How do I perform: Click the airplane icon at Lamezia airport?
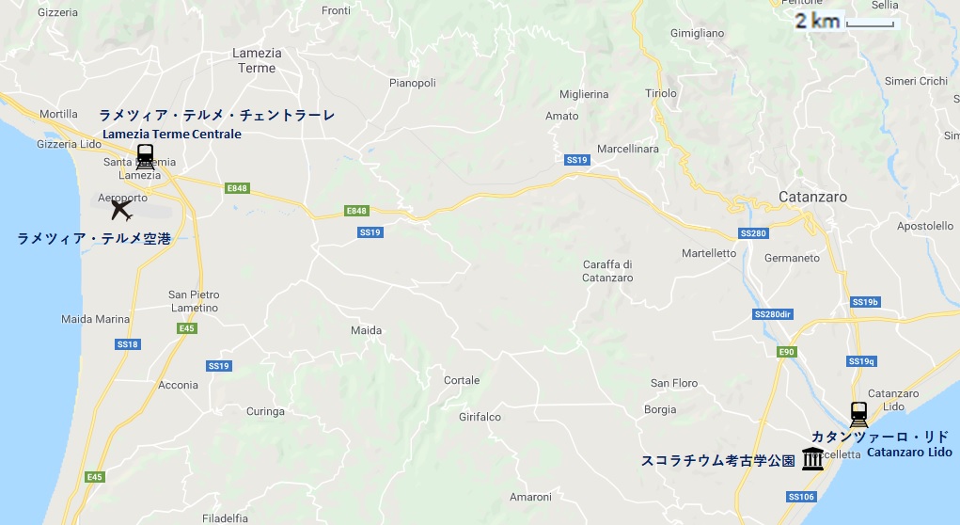click(x=121, y=209)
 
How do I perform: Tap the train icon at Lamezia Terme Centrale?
click(x=145, y=156)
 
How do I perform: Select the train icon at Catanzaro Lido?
click(x=858, y=414)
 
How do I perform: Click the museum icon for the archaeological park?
click(x=813, y=459)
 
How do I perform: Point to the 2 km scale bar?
click(x=869, y=24)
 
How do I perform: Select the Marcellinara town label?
click(x=628, y=149)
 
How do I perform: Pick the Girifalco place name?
click(x=480, y=417)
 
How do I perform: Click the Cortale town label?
click(x=462, y=380)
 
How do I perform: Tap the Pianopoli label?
click(x=413, y=83)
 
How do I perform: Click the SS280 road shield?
click(x=754, y=232)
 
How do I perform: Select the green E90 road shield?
click(x=786, y=351)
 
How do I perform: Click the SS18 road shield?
click(x=127, y=344)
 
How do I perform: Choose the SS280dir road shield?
click(x=773, y=314)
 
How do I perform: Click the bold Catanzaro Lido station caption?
click(x=909, y=453)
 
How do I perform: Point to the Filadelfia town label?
click(x=225, y=517)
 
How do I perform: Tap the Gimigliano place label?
click(x=697, y=33)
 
